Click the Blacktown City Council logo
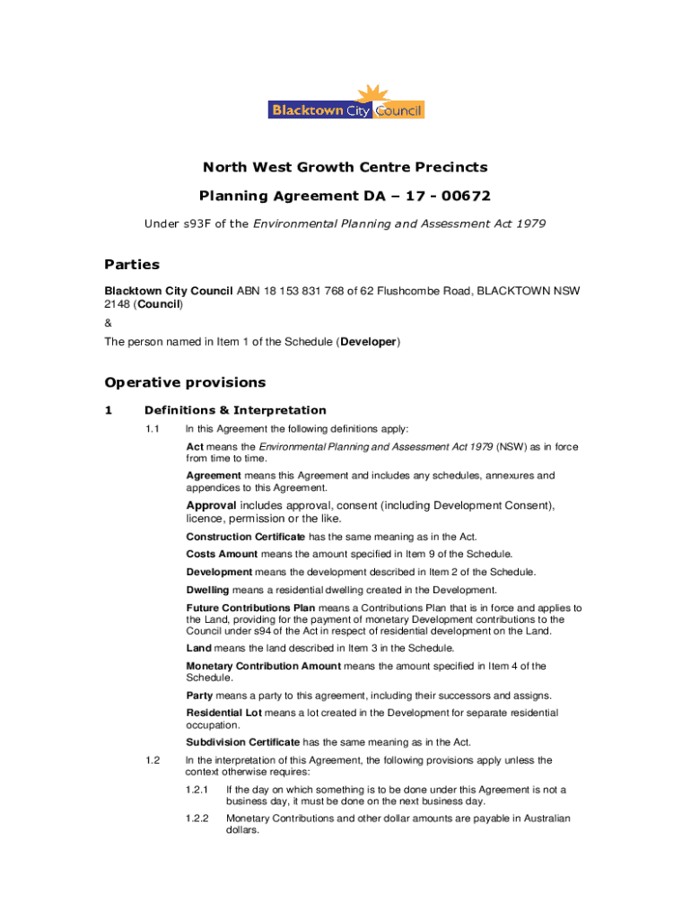pyautogui.click(x=345, y=103)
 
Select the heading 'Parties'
pyautogui.click(x=132, y=264)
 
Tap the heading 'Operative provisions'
pyautogui.click(x=185, y=382)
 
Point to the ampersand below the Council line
pyautogui.click(x=108, y=322)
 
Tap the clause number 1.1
pyautogui.click(x=153, y=429)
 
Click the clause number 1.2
pyautogui.click(x=153, y=761)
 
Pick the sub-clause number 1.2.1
pyautogui.click(x=197, y=790)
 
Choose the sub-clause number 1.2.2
pyautogui.click(x=197, y=818)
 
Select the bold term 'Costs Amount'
pyautogui.click(x=222, y=554)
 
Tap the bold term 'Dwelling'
pyautogui.click(x=208, y=590)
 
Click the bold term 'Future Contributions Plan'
pyautogui.click(x=250, y=608)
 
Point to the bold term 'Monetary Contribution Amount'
pyautogui.click(x=263, y=666)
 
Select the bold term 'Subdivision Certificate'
pyautogui.click(x=243, y=742)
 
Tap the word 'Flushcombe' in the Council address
pyautogui.click(x=419, y=291)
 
